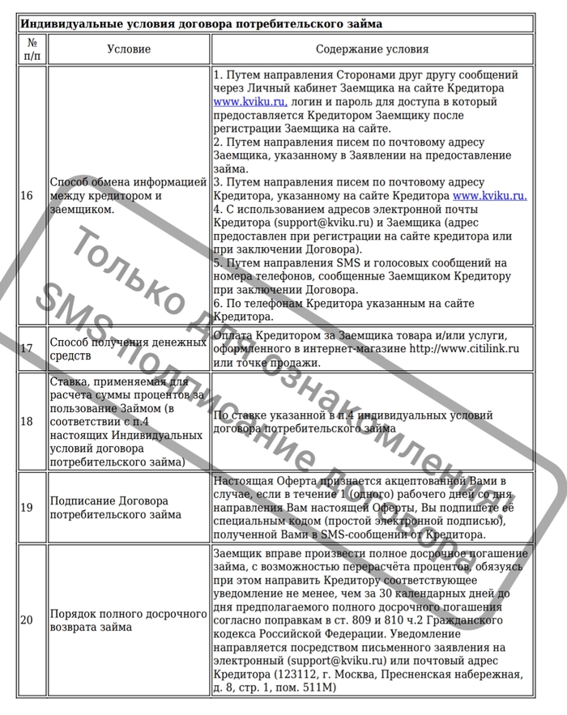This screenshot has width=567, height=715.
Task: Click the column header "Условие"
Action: (x=129, y=49)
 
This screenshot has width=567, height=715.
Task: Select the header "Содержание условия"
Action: (x=372, y=49)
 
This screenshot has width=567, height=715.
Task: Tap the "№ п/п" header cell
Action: (x=32, y=49)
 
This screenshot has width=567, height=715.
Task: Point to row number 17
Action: (x=27, y=348)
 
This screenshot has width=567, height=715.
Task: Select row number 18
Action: (x=27, y=421)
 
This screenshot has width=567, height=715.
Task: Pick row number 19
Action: (x=27, y=508)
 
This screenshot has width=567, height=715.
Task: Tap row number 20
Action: (x=27, y=619)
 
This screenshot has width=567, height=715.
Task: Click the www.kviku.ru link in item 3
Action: (x=490, y=196)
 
